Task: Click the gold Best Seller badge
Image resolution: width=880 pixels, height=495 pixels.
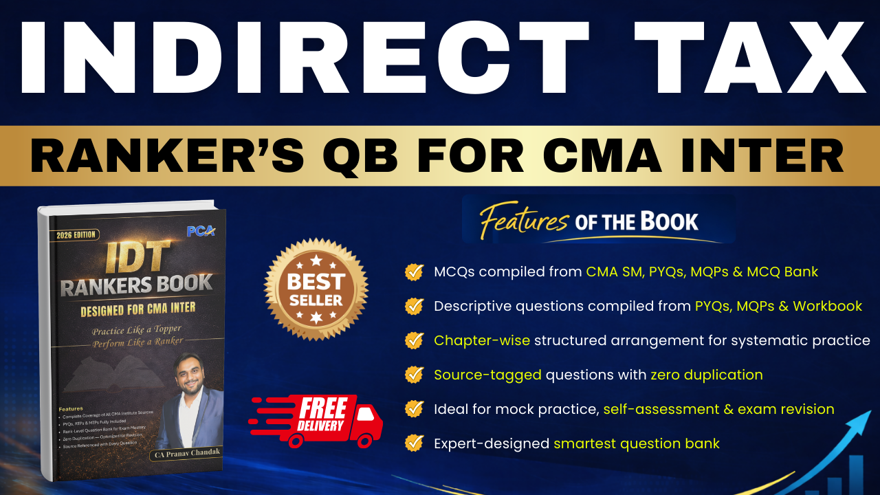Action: [x=316, y=289]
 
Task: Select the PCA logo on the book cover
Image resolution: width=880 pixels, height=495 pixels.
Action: [x=201, y=231]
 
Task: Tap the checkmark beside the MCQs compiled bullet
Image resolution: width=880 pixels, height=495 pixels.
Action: [x=414, y=272]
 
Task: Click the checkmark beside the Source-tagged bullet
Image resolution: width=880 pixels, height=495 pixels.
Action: [x=414, y=375]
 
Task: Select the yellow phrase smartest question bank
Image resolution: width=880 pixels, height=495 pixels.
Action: [x=637, y=443]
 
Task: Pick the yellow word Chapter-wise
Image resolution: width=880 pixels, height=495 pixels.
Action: [x=482, y=340]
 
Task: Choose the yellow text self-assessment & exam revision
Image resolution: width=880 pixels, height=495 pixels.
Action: [x=718, y=409]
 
